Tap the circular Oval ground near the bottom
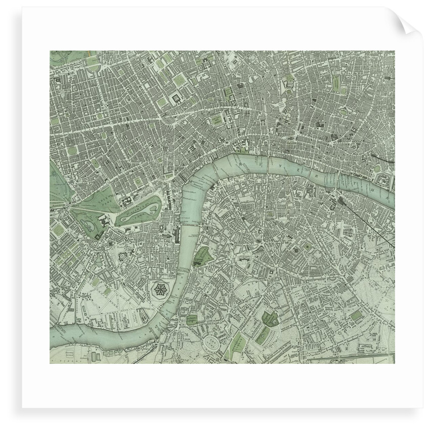coord(213,345)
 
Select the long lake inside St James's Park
coord(139,211)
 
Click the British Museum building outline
coord(179,98)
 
